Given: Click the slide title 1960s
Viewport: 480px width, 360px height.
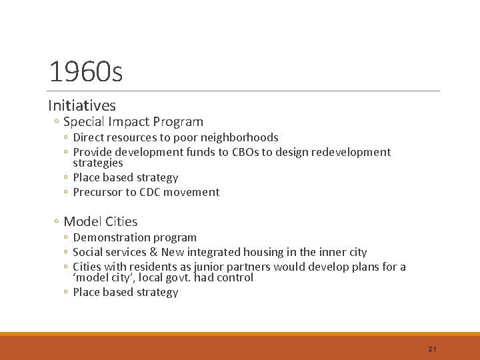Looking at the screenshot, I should [85, 71].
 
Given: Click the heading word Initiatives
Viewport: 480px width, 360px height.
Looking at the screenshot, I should [82, 105].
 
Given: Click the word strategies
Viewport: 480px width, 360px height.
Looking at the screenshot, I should [97, 163].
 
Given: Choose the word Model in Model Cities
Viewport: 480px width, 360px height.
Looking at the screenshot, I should [81, 222].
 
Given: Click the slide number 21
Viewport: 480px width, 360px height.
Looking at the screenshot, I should [432, 349].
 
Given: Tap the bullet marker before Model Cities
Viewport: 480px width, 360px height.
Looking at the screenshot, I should [57, 222].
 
